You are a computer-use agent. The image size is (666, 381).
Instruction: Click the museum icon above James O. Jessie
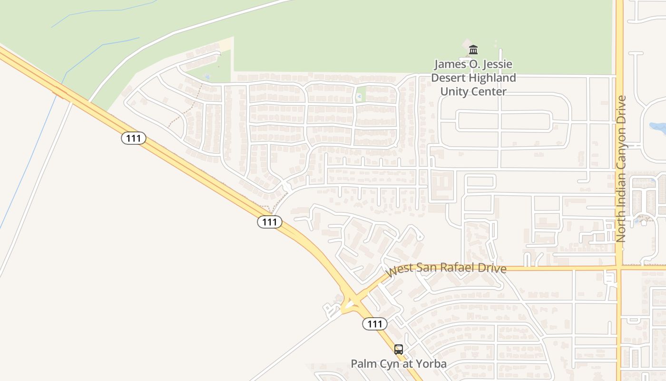(473, 50)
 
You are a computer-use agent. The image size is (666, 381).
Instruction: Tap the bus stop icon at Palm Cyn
(399, 350)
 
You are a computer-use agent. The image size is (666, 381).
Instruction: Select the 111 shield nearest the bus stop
(375, 324)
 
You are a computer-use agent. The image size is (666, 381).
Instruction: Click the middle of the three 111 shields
(270, 221)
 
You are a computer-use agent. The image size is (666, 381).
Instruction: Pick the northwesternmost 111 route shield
(133, 138)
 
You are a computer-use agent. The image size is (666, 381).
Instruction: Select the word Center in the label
(490, 91)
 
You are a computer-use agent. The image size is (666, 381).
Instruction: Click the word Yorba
(432, 364)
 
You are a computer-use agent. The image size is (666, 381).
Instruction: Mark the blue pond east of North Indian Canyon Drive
(657, 127)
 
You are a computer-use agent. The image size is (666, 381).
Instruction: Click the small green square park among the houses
(361, 94)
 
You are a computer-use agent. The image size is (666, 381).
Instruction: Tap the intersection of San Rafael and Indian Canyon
(619, 268)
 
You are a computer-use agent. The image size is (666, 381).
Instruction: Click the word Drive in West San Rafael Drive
(492, 268)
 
